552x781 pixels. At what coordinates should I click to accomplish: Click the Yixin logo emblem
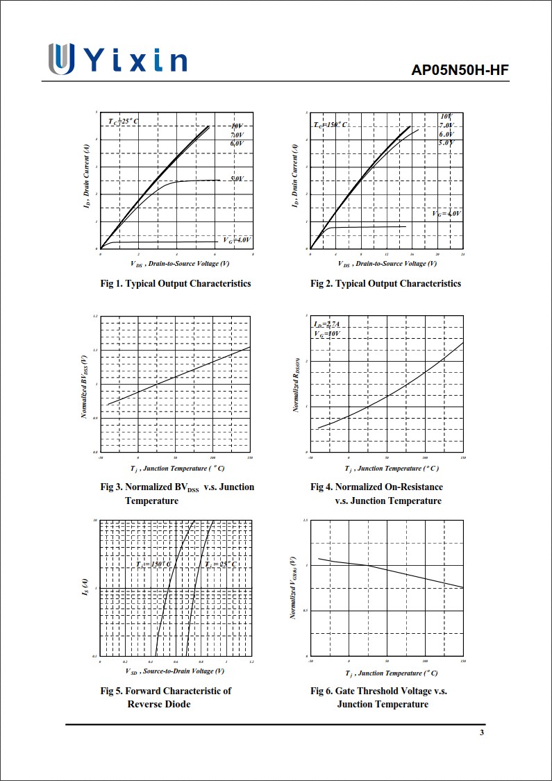tap(61, 59)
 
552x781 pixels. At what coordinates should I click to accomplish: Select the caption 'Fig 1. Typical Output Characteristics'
tap(176, 283)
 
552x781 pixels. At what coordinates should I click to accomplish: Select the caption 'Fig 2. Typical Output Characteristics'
tap(385, 283)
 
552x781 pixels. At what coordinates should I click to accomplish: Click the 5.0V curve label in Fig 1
tap(237, 179)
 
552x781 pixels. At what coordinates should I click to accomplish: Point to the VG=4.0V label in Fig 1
tap(237, 240)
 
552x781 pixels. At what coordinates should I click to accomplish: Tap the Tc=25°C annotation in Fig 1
tap(123, 121)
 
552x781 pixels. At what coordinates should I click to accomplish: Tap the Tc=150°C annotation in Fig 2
tap(331, 124)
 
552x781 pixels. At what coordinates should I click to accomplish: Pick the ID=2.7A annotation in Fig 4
tap(326, 324)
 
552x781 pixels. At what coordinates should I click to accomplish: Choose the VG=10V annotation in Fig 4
tap(326, 334)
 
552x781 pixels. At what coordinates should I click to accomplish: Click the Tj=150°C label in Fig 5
tap(153, 564)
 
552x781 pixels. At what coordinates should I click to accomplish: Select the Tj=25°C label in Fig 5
tap(221, 564)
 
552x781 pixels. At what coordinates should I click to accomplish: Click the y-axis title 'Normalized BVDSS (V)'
tap(84, 386)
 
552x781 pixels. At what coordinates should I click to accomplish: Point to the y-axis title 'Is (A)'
tap(85, 588)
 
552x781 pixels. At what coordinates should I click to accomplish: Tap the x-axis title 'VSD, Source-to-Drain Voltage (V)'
tap(175, 671)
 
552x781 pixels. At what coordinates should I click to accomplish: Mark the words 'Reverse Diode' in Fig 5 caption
tap(159, 704)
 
